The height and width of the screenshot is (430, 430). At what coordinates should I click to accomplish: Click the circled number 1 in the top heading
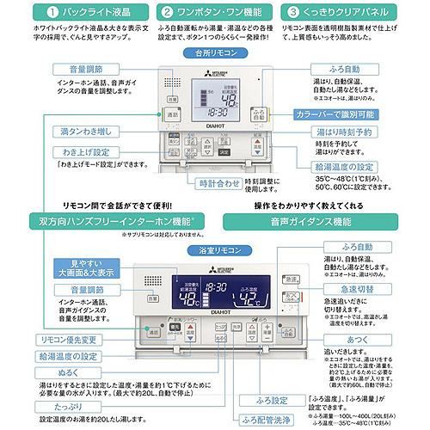[x=15, y=13]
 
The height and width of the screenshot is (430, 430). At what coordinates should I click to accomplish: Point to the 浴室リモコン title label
[x=215, y=250]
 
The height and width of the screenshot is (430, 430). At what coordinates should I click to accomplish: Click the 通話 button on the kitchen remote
[x=172, y=114]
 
